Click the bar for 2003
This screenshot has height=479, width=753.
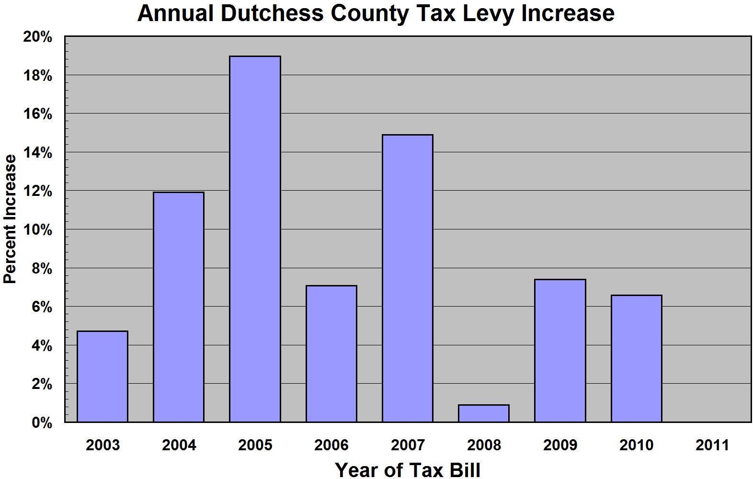[x=103, y=376]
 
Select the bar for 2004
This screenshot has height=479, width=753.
[x=179, y=307]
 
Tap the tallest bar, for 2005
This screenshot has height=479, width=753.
[x=255, y=239]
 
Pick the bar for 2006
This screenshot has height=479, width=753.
[x=331, y=354]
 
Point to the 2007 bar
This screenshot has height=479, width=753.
[x=408, y=278]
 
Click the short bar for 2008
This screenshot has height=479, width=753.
[x=484, y=413]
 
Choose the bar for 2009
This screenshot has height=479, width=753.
[x=560, y=351]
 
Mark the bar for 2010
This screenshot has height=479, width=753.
[x=636, y=358]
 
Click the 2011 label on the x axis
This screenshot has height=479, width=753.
[x=712, y=445]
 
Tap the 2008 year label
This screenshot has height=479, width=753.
[x=484, y=445]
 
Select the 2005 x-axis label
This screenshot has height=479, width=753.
[x=255, y=445]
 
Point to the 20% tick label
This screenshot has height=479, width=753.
[x=38, y=37]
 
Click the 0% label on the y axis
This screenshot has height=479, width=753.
[x=41, y=423]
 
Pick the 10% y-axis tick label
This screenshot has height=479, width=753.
[x=38, y=230]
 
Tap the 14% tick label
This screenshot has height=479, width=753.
[x=38, y=153]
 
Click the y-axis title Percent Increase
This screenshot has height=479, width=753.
[x=10, y=219]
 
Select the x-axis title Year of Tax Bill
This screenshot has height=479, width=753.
[x=408, y=469]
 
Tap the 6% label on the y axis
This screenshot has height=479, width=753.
[x=41, y=307]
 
